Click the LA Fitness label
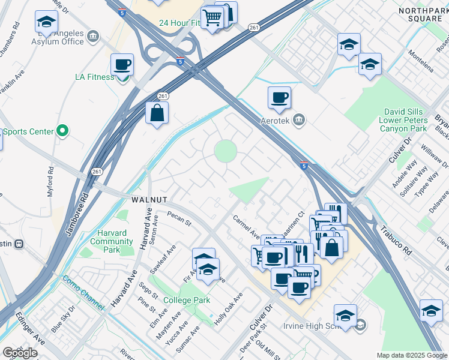94,77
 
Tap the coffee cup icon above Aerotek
279,98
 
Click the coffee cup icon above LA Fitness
122,65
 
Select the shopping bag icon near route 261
157,113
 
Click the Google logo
20,353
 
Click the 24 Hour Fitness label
179,23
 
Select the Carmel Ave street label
246,227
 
